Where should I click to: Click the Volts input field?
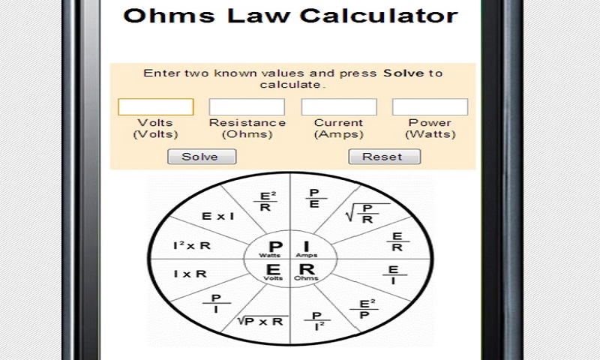pyautogui.click(x=155, y=107)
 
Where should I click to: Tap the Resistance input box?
pyautogui.click(x=247, y=107)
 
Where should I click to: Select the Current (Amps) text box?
pyautogui.click(x=338, y=107)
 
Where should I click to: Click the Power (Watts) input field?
pyautogui.click(x=430, y=107)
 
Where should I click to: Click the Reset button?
pyautogui.click(x=384, y=157)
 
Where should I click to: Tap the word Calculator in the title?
pyautogui.click(x=376, y=16)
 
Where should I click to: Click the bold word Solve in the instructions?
pyautogui.click(x=403, y=73)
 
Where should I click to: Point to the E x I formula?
pyautogui.click(x=218, y=216)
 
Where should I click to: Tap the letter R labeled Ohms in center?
pyautogui.click(x=306, y=270)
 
